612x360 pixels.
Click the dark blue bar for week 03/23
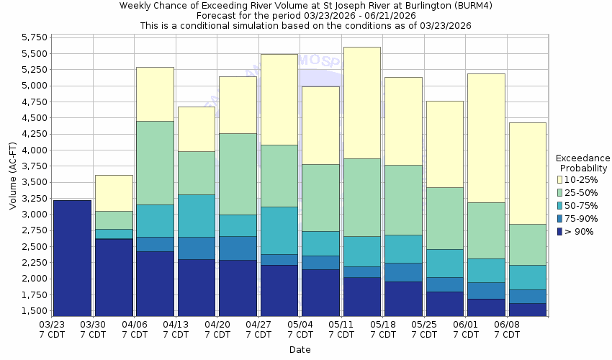point(72,258)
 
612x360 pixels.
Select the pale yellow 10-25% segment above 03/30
point(114,193)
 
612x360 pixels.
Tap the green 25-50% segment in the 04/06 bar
point(155,163)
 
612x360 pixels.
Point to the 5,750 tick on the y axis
point(35,37)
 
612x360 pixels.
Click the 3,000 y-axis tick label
point(35,215)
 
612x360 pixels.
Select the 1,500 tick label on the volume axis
point(35,311)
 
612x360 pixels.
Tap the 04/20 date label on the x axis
point(217,330)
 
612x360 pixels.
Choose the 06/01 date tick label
point(466,330)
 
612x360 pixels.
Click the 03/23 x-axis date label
point(51,330)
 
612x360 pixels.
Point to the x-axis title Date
point(300,350)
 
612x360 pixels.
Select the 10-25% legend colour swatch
point(560,179)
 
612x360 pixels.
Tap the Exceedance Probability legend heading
point(583,163)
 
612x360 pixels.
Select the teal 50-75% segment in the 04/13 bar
point(197,215)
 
